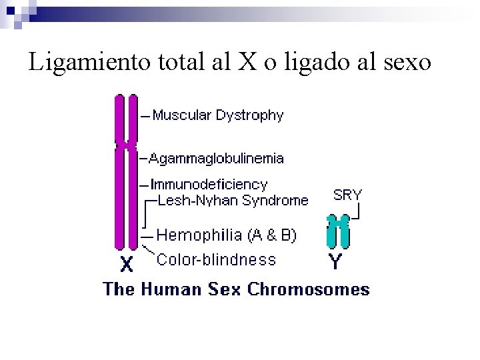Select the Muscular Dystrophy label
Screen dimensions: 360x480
pos(218,116)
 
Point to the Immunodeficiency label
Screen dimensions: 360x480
pos(209,184)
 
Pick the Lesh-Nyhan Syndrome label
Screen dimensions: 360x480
pos(232,200)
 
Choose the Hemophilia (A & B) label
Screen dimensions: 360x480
pos(227,235)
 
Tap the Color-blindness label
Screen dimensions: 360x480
pos(215,259)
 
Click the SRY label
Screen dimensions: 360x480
pos(347,195)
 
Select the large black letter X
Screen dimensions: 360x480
pos(126,265)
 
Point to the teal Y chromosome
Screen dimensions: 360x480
pos(339,231)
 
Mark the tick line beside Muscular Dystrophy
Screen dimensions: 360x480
pos(145,117)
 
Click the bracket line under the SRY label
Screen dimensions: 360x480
pos(357,212)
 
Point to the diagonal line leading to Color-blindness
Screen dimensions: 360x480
pos(148,251)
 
